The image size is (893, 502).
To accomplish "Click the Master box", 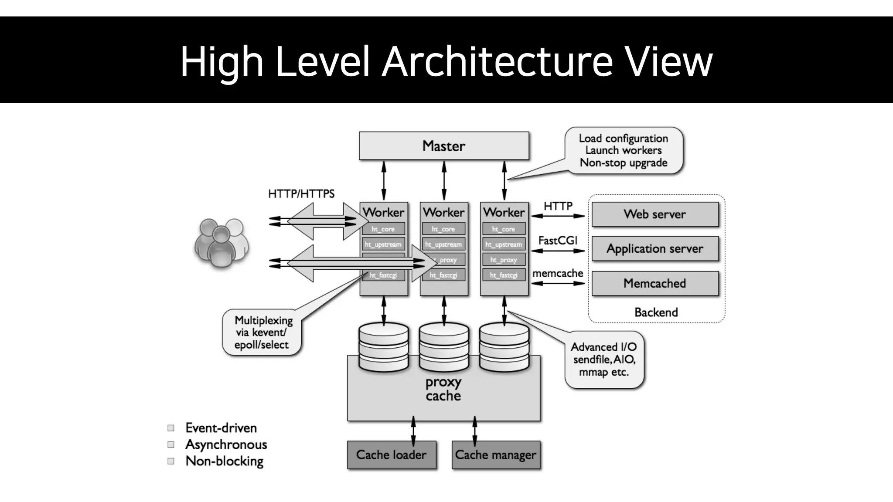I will tap(443, 146).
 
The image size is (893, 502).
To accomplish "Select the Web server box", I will tap(654, 214).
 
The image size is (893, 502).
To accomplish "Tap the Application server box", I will tap(654, 248).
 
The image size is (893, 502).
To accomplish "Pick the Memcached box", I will tap(654, 283).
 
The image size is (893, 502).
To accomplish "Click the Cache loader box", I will tap(391, 455).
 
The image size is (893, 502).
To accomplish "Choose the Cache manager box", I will tap(496, 455).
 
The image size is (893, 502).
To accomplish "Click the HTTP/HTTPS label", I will tap(301, 194).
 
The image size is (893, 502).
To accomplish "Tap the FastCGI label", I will tap(558, 241).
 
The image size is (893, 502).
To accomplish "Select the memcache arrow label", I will tap(558, 274).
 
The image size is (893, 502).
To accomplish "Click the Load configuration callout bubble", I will tap(624, 151).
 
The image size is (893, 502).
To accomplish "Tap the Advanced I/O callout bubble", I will tap(604, 360).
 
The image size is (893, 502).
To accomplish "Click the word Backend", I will tap(656, 312).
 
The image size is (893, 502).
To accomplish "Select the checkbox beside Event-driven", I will tap(171, 428).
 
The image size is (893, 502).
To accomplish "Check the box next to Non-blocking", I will tap(171, 461).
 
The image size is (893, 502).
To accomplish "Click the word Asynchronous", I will tap(226, 444).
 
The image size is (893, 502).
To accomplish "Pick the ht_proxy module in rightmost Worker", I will tap(504, 260).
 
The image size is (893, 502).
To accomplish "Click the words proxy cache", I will tap(443, 389).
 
